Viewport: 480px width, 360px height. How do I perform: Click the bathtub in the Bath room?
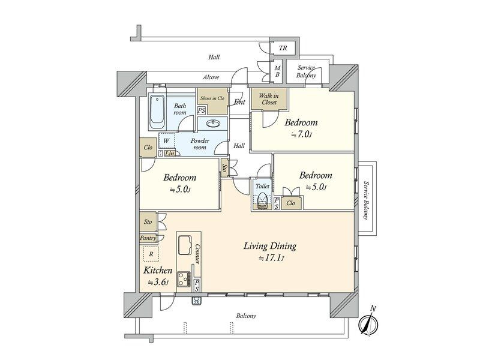pyautogui.click(x=158, y=112)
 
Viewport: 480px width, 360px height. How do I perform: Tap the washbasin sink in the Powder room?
pyautogui.click(x=213, y=124)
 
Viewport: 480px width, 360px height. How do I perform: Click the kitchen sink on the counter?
pyautogui.click(x=185, y=245)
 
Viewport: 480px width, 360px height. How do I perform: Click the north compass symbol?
pyautogui.click(x=368, y=322)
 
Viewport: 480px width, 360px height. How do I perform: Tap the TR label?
pyautogui.click(x=283, y=48)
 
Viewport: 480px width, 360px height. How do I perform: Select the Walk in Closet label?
pyautogui.click(x=269, y=99)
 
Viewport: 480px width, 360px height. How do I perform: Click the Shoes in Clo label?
pyautogui.click(x=212, y=98)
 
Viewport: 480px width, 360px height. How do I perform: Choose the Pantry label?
pyautogui.click(x=148, y=238)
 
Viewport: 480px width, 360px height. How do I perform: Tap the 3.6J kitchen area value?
pyautogui.click(x=158, y=282)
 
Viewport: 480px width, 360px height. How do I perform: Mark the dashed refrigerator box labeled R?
pyautogui.click(x=151, y=254)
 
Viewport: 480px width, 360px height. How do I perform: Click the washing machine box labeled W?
pyautogui.click(x=166, y=141)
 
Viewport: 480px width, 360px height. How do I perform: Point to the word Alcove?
pyautogui.click(x=211, y=77)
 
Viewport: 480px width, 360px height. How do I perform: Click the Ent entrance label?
pyautogui.click(x=239, y=102)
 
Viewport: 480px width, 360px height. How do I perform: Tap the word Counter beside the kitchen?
pyautogui.click(x=197, y=254)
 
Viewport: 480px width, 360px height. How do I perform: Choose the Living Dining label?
pyautogui.click(x=270, y=246)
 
